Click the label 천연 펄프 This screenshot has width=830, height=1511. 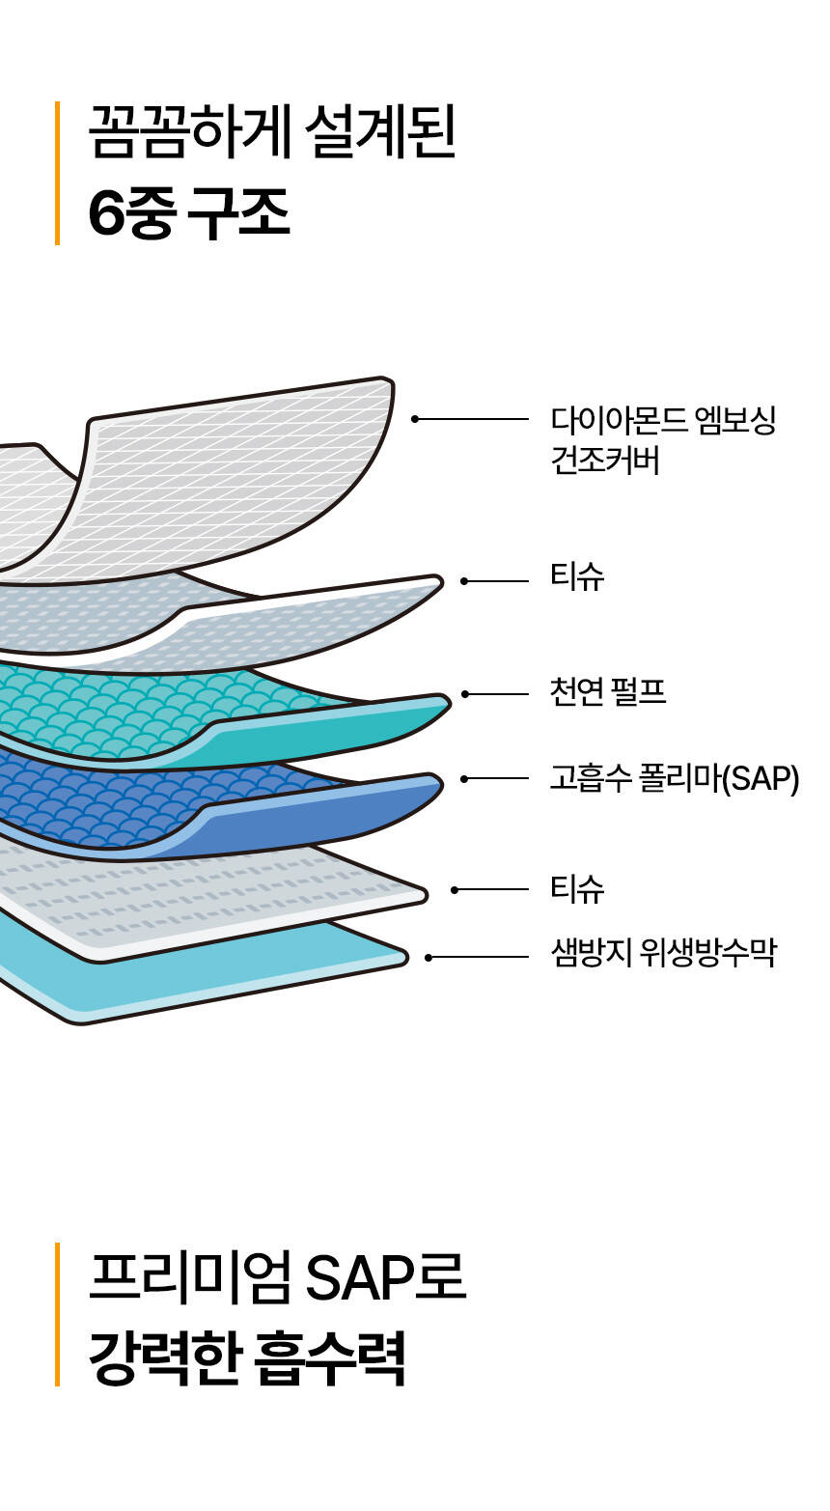tap(607, 693)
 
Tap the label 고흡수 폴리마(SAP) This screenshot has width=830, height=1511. tap(674, 778)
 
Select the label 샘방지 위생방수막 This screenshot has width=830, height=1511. tap(663, 955)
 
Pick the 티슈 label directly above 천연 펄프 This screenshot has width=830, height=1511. tap(577, 577)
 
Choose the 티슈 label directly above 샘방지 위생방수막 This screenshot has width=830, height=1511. tap(577, 888)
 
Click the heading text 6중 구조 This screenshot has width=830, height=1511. tap(189, 213)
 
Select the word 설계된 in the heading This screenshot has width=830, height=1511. tap(378, 132)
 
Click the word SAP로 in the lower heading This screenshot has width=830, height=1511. tap(386, 1277)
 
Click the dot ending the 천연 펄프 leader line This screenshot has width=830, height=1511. tap(465, 694)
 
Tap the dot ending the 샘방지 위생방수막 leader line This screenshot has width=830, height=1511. tap(429, 958)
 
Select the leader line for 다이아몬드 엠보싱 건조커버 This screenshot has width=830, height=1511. tap(473, 419)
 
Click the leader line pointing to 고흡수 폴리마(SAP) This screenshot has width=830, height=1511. tap(497, 778)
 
